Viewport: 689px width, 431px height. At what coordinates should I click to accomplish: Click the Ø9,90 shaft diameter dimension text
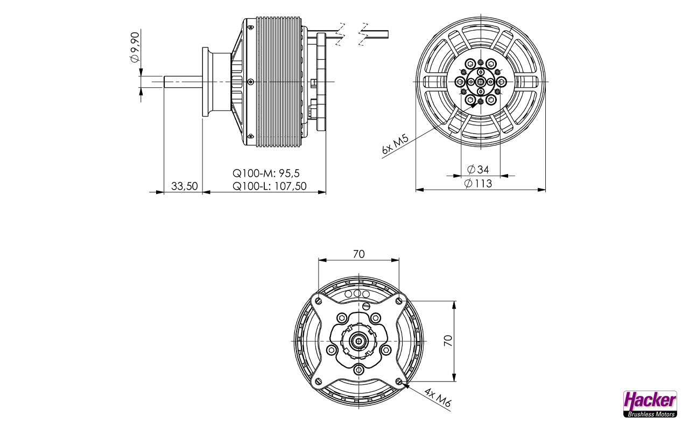135,47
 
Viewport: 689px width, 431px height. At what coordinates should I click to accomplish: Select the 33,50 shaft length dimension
184,186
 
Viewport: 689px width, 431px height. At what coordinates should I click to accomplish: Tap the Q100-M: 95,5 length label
266,173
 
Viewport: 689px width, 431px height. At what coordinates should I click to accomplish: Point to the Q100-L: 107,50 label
270,186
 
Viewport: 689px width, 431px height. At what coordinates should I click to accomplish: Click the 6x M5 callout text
395,144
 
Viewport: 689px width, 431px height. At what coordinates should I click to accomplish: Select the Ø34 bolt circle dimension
477,169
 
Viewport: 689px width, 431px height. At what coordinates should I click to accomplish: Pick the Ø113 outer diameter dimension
478,184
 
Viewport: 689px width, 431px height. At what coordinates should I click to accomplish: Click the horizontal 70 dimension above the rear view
358,254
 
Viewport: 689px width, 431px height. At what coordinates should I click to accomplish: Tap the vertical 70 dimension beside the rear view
448,340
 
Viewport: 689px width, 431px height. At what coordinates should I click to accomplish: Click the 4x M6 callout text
438,397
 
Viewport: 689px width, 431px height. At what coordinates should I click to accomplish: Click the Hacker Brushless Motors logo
650,404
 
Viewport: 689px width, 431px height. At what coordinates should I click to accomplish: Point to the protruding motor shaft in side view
182,81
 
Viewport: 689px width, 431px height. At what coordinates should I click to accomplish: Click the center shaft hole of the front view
481,82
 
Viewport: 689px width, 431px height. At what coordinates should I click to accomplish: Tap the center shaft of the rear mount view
358,341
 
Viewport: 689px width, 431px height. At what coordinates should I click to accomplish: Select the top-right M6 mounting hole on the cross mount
399,301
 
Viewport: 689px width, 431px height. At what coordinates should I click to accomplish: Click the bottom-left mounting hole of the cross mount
318,381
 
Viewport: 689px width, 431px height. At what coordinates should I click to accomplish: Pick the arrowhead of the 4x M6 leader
405,385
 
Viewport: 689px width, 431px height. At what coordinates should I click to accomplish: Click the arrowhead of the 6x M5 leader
474,105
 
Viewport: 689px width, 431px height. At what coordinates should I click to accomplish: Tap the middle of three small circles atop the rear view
357,294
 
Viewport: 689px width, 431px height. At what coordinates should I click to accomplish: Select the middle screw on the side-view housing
251,81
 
